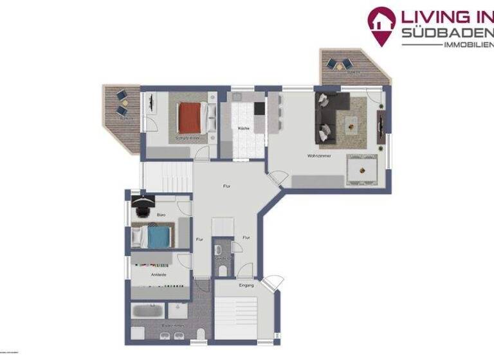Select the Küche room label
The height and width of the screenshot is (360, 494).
click(x=244, y=129)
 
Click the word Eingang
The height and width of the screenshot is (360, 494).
click(x=246, y=285)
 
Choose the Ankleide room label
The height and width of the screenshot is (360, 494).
click(x=159, y=274)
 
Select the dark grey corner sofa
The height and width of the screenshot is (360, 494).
click(x=328, y=116)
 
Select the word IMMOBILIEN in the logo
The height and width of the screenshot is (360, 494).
click(x=468, y=44)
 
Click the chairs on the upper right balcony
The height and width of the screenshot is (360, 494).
click(x=338, y=64)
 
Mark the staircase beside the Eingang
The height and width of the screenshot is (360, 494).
click(x=235, y=314)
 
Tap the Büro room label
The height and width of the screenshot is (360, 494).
click(x=161, y=215)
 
